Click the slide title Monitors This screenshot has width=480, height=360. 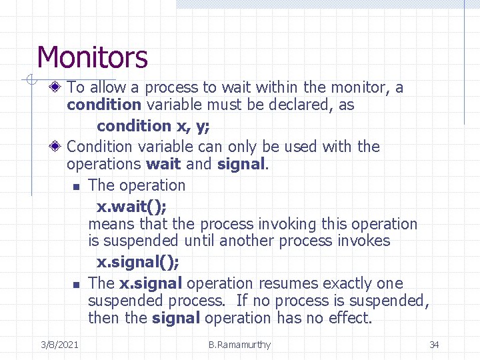coord(92,57)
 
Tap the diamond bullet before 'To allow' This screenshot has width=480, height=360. coord(59,87)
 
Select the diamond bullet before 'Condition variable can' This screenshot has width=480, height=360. coord(59,147)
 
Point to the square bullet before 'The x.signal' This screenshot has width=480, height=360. coord(77,285)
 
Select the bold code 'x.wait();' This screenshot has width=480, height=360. coord(132,205)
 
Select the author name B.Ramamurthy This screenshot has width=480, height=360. coord(239,345)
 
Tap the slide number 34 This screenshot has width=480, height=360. coord(434,345)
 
